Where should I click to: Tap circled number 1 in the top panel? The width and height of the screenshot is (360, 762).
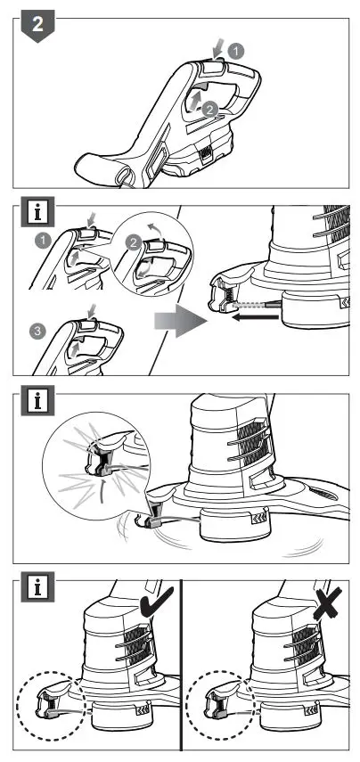(235, 51)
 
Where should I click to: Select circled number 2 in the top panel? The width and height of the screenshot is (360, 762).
(210, 110)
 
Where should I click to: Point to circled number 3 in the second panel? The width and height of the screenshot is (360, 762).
(36, 332)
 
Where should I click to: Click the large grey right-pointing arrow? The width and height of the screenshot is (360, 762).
(180, 321)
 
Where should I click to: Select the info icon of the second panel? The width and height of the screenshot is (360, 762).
(37, 212)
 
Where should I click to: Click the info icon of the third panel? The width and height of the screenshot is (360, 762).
(37, 401)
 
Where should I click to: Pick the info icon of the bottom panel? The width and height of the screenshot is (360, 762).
(37, 587)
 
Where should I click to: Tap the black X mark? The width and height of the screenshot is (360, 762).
(327, 603)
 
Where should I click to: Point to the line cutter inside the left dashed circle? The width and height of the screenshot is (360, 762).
(47, 699)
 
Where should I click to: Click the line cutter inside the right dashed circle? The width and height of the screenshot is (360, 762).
(218, 699)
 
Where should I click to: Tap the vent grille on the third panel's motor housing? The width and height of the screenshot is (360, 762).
(249, 443)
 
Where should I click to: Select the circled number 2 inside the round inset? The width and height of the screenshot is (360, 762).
(134, 242)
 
